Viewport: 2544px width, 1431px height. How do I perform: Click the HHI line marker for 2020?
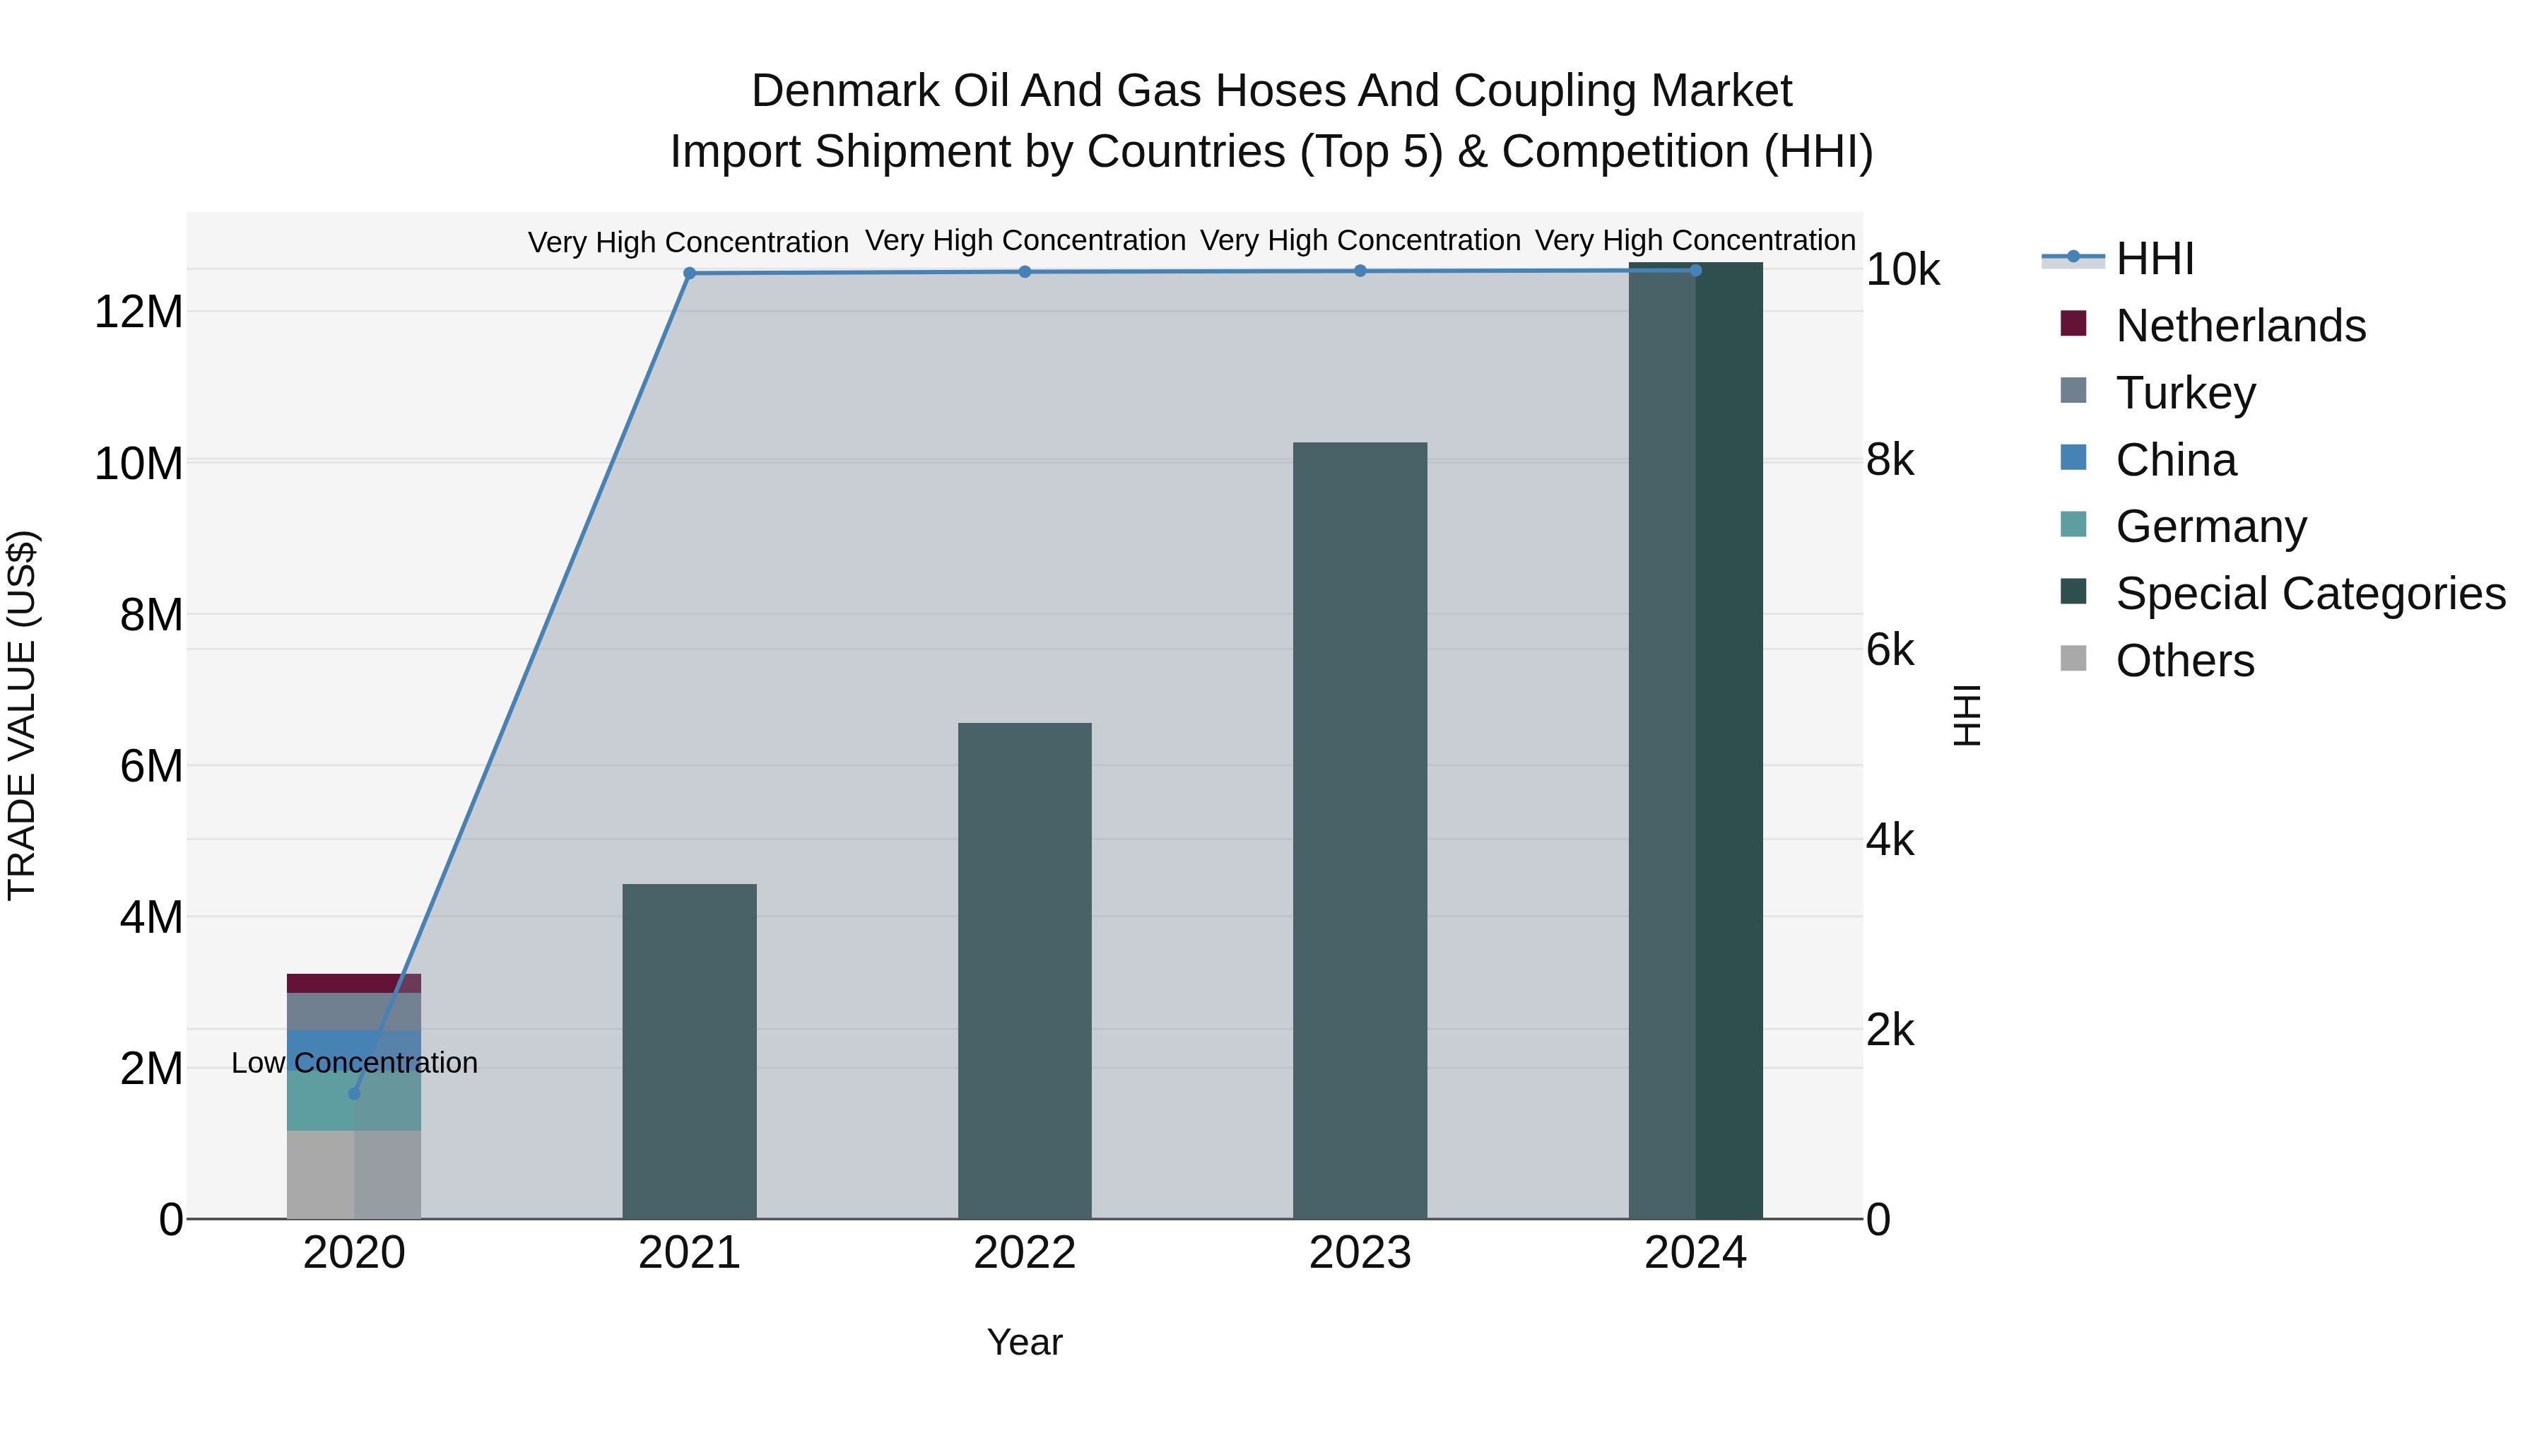355,1093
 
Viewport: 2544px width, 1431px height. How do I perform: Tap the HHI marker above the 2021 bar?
689,273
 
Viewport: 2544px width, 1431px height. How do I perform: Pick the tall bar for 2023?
1359,830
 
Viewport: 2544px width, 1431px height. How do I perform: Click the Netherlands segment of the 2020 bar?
353,984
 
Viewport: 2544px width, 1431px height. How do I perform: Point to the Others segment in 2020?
353,1174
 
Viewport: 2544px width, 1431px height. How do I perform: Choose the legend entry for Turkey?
2184,393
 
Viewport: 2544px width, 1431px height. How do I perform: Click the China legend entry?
2174,460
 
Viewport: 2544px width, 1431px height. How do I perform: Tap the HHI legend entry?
2154,259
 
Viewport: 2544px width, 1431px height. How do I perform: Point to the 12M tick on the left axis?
139,312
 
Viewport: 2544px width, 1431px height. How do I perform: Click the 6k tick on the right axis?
1889,650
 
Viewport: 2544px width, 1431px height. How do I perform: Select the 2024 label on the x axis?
1695,1253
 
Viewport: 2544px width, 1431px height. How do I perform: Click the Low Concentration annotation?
355,1063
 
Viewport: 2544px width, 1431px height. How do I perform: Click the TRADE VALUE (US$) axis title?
22,715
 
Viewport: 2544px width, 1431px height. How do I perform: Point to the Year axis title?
1024,1342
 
